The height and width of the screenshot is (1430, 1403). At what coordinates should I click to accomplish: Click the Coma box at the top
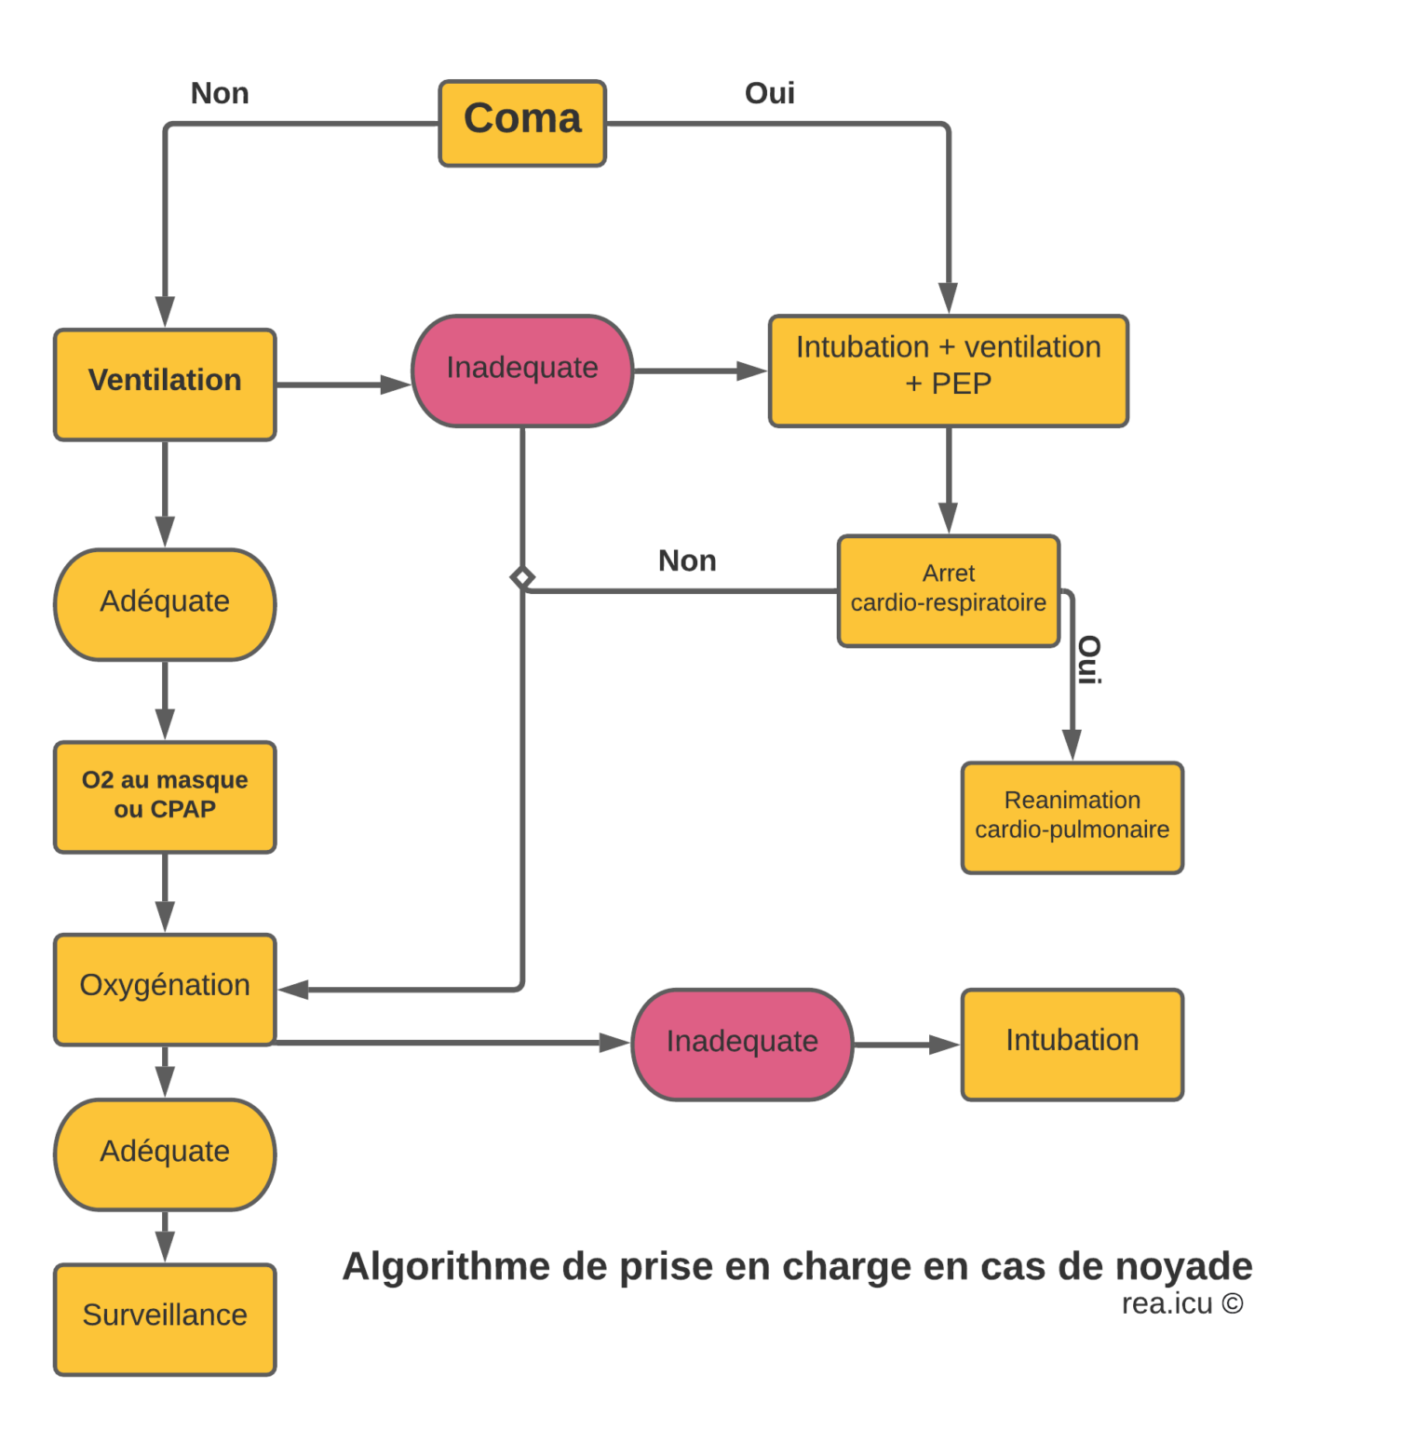pos(522,123)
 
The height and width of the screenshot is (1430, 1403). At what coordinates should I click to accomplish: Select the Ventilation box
pos(165,384)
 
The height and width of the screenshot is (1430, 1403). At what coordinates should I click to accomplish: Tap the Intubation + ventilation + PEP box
pos(948,371)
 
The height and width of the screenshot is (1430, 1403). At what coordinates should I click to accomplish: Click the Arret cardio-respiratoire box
pos(948,590)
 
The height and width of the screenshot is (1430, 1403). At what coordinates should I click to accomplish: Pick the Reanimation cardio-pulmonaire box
pos(1072,817)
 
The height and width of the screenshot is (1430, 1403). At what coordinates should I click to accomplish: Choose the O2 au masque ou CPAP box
pos(165,796)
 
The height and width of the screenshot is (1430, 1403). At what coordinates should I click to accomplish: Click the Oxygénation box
pos(165,989)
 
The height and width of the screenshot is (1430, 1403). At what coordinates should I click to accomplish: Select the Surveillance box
pos(165,1318)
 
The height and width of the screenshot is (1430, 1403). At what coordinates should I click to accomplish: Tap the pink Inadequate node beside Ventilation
pos(522,371)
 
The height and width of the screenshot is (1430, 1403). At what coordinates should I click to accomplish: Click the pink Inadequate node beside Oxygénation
pos(742,1044)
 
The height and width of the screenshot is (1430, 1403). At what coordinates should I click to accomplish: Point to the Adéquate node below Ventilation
pos(165,603)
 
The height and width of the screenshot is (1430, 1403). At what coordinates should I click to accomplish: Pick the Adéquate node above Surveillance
pos(165,1153)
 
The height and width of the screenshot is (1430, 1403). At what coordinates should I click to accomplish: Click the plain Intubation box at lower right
pos(1072,1044)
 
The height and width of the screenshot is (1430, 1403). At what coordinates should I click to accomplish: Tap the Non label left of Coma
pos(220,93)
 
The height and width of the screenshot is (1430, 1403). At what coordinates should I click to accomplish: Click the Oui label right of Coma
pos(769,93)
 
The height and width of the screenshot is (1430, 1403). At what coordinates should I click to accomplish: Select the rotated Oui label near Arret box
pos(1088,660)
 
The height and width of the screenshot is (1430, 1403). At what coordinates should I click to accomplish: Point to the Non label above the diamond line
pos(687,560)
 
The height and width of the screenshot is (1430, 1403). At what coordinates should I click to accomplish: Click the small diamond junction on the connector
pos(522,578)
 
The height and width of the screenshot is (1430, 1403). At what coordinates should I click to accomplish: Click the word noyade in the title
pos(1183,1266)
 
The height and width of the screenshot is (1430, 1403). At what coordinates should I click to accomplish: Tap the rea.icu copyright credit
pos(1181,1303)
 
